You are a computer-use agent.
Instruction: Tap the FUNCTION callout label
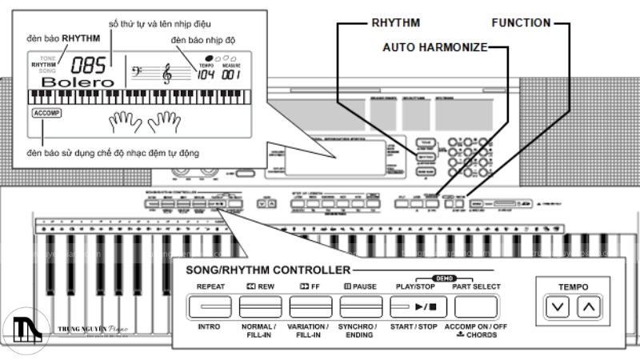pyautogui.click(x=520, y=22)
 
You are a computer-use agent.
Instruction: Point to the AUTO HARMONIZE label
pyautogui.click(x=434, y=47)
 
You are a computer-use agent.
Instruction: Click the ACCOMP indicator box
pyautogui.click(x=46, y=114)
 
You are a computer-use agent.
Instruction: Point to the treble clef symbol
pyautogui.click(x=167, y=74)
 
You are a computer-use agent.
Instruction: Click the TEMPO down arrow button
pyautogui.click(x=559, y=306)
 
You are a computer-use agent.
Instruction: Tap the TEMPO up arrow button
pyautogui.click(x=589, y=306)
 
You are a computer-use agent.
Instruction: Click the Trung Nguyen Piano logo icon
pyautogui.click(x=20, y=329)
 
